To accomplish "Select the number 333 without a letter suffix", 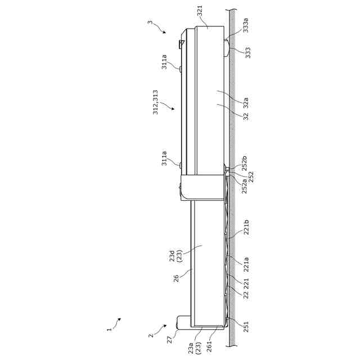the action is point(248,53).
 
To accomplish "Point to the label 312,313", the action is point(155,102).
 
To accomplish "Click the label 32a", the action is point(246,102).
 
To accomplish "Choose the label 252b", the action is point(244,163).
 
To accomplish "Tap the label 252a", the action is point(244,186).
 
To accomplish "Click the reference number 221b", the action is point(246,227).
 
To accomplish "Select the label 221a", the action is point(246,264).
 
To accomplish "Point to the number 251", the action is point(246,327).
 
